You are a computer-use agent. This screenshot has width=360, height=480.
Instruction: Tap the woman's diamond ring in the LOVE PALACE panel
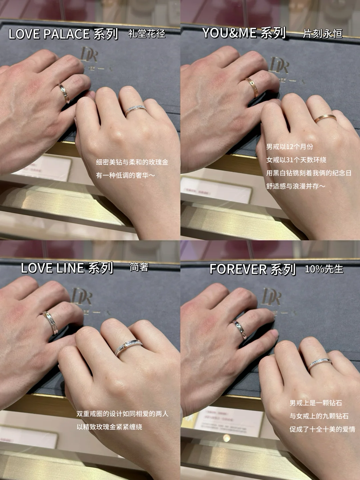pyautogui.click(x=136, y=110)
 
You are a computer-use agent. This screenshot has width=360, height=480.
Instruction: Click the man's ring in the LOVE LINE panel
pyautogui.click(x=51, y=323)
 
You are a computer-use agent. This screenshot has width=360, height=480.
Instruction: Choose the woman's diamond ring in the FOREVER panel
pyautogui.click(x=320, y=363)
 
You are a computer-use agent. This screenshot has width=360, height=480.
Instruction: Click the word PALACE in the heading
pyautogui.click(x=66, y=34)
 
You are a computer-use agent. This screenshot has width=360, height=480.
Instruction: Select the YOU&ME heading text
pyautogui.click(x=229, y=33)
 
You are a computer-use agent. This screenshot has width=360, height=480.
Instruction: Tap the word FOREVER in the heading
pyautogui.click(x=238, y=269)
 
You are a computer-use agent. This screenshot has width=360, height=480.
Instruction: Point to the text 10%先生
pyautogui.click(x=324, y=269)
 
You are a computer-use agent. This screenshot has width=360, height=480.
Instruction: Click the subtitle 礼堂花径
pyautogui.click(x=147, y=34)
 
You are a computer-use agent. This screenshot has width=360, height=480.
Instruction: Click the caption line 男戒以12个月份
pyautogui.click(x=290, y=147)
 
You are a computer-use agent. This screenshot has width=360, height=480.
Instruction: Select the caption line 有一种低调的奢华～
pyautogui.click(x=125, y=175)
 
